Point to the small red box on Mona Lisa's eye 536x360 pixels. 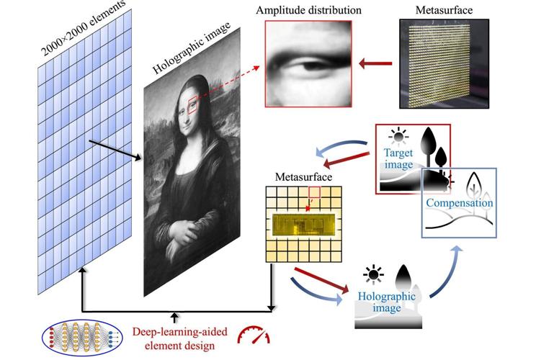(x=192, y=107)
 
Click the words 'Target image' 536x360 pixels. (x=396, y=160)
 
